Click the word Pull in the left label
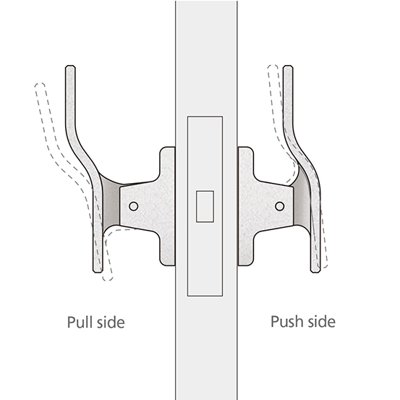coord(80,322)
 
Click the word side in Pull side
coord(111,322)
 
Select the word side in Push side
coord(322,321)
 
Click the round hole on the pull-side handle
coord(133,206)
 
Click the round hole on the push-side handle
coord(280,206)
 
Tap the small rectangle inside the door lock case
coord(205,206)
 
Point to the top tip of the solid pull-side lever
coord(70,66)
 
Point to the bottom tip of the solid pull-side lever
coord(98,272)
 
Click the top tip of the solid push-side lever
coord(288,66)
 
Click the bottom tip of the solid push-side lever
coord(315,272)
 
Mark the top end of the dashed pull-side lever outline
coord(40,83)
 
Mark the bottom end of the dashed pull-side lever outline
coord(108,280)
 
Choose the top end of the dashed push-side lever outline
coord(273,66)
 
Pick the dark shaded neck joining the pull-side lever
coord(111,204)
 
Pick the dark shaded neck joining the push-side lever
coord(302,202)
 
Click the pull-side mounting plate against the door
coord(168,206)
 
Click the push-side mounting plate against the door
coord(246,206)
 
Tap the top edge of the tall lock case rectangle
coord(205,117)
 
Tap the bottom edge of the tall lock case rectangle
coord(205,296)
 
